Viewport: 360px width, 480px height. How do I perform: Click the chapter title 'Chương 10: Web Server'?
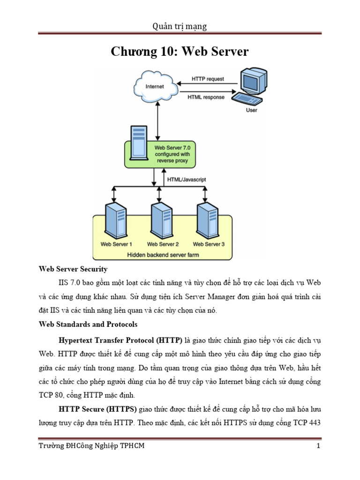[180, 52]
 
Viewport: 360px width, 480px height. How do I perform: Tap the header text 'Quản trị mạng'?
[180, 26]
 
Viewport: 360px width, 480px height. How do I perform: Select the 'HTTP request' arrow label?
[208, 79]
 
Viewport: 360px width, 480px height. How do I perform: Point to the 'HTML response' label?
[206, 97]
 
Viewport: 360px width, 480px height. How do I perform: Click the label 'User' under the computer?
[252, 111]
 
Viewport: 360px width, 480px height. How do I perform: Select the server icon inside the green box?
[138, 143]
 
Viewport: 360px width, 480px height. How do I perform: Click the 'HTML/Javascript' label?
[187, 179]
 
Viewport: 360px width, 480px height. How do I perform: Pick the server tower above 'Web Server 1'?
[116, 221]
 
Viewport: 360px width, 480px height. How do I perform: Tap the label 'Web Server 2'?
[163, 244]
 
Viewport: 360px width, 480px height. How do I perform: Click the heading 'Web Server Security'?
[73, 269]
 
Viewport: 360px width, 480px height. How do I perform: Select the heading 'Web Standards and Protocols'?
[88, 324]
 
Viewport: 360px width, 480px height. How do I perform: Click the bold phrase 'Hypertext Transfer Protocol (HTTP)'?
[123, 339]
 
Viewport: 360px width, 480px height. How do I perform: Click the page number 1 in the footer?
[318, 446]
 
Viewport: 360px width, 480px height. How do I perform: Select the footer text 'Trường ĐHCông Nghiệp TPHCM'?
[91, 446]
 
